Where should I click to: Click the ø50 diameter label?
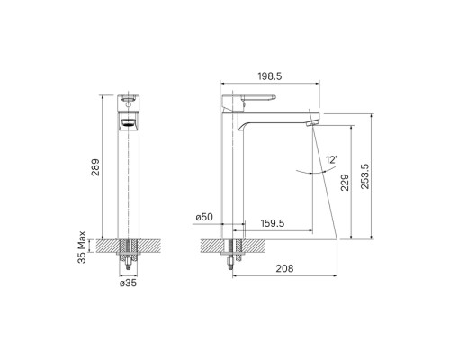tap(204, 217)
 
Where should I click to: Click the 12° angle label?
tap(332, 159)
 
